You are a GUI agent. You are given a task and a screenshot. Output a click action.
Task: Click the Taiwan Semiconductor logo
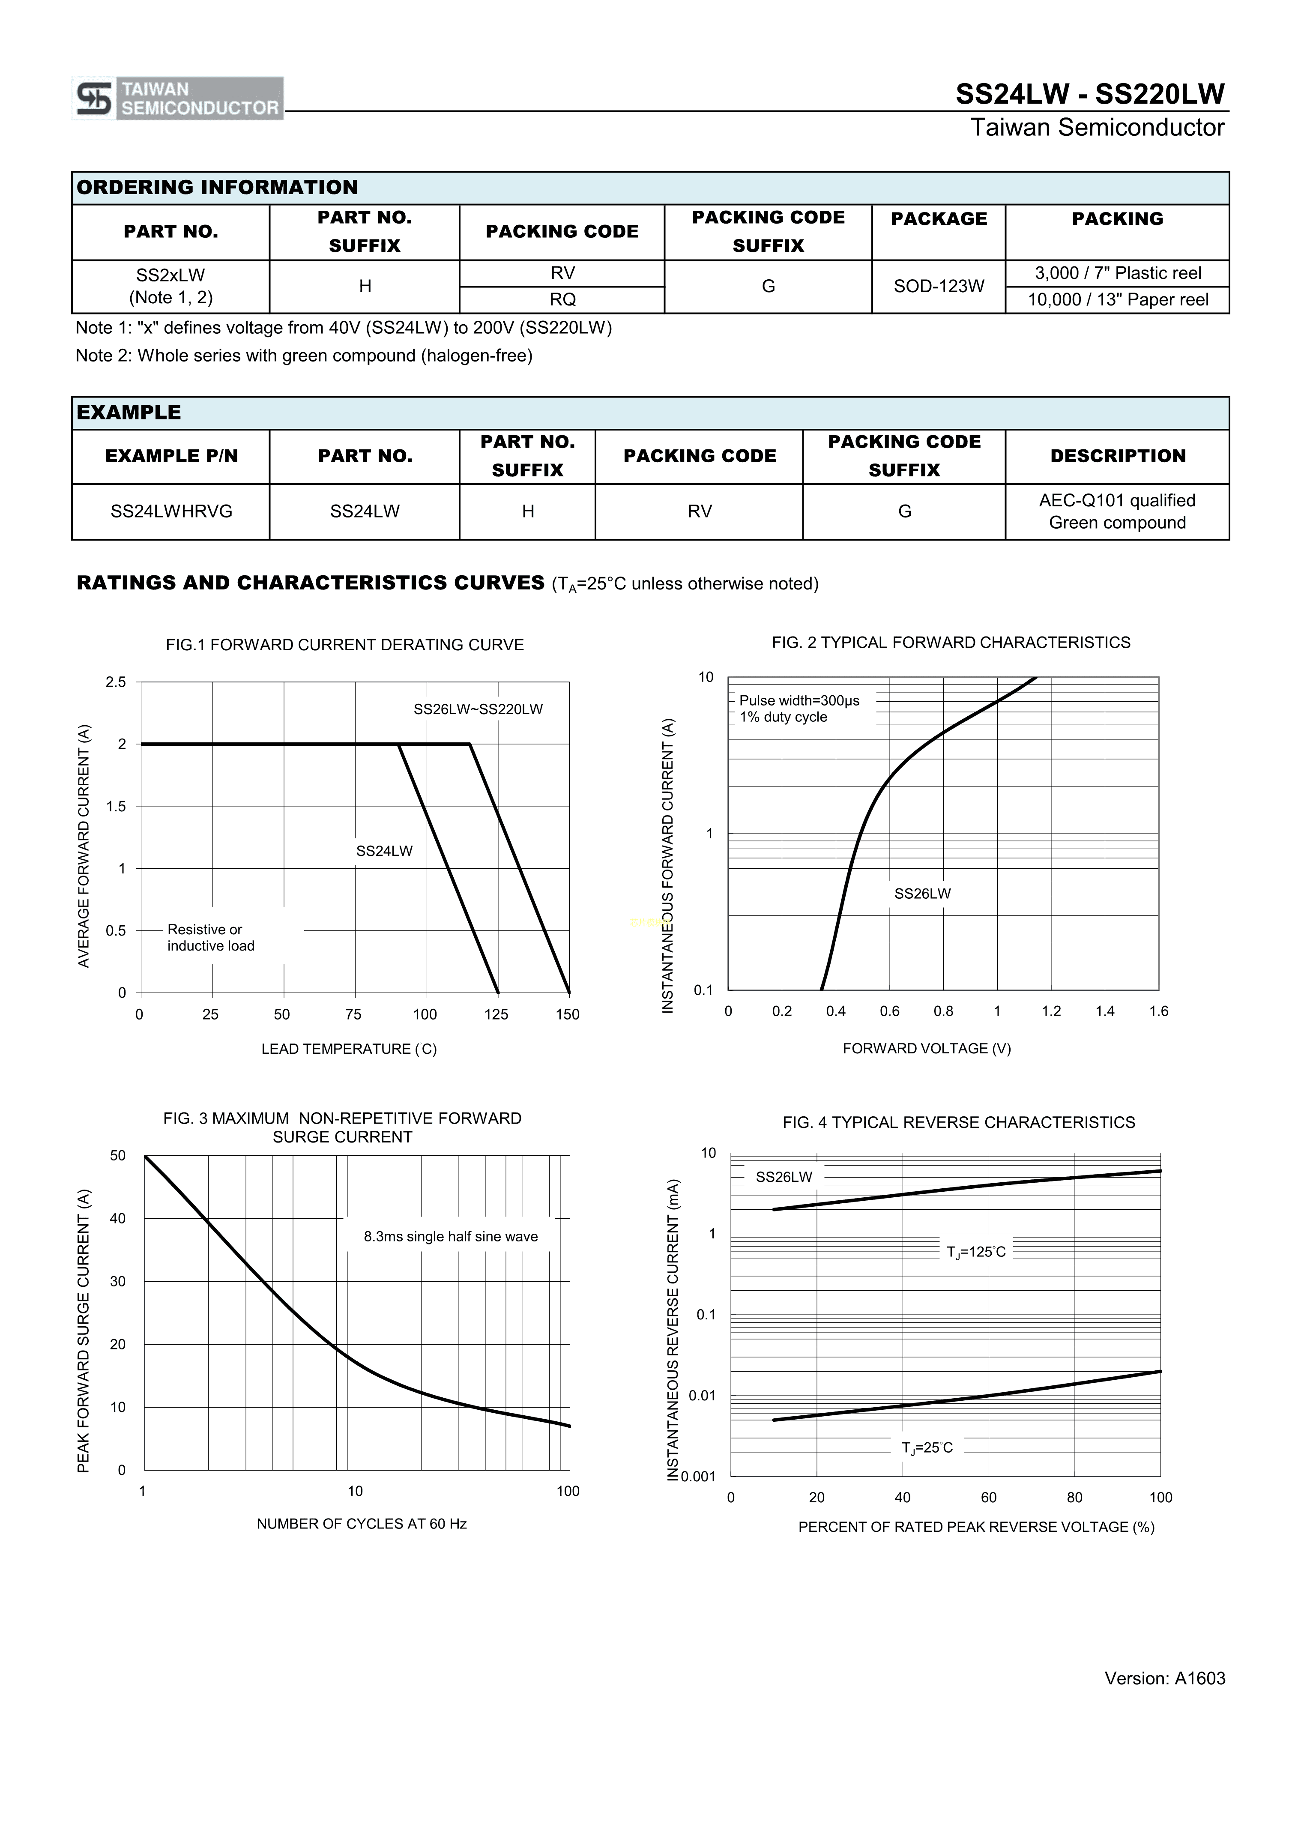click(177, 99)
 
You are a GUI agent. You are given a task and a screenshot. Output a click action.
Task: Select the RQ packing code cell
click(562, 300)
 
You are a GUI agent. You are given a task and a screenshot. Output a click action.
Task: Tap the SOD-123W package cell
click(939, 287)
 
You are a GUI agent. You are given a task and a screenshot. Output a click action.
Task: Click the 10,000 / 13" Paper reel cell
click(1117, 300)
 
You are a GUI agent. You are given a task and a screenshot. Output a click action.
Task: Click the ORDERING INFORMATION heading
click(217, 188)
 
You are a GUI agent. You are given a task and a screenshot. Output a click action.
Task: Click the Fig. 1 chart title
click(345, 645)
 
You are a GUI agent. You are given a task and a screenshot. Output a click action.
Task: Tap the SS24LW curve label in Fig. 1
click(384, 851)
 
